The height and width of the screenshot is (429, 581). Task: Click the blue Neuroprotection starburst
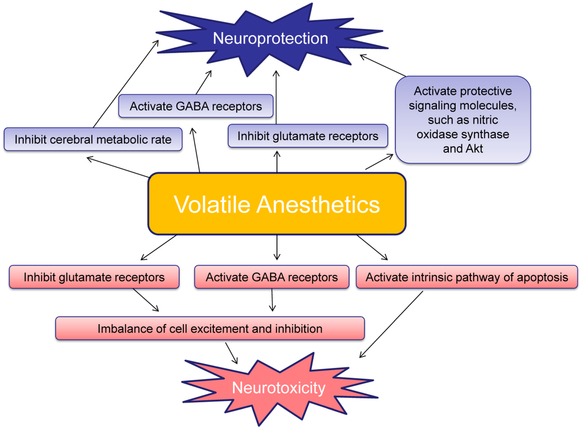270,39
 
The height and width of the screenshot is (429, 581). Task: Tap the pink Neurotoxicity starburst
278,388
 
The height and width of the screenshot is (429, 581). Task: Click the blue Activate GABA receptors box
196,106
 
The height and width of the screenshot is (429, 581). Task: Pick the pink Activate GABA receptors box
272,277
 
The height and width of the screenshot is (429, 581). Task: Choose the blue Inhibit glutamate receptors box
308,136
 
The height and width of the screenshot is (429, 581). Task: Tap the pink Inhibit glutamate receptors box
94,277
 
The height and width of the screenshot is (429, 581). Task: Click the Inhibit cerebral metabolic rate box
93,139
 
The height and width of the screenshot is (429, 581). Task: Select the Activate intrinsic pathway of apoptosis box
466,277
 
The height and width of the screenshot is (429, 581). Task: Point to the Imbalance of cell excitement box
210,329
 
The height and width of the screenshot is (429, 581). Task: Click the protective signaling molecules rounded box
462,120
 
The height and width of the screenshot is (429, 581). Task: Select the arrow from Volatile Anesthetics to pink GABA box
277,247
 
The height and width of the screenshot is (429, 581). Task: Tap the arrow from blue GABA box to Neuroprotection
203,82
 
